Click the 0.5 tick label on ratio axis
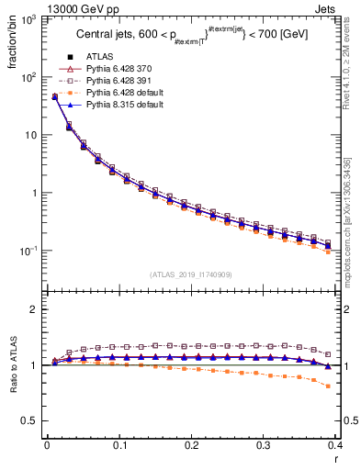(x=29, y=420)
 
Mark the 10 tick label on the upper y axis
(x=29, y=135)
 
